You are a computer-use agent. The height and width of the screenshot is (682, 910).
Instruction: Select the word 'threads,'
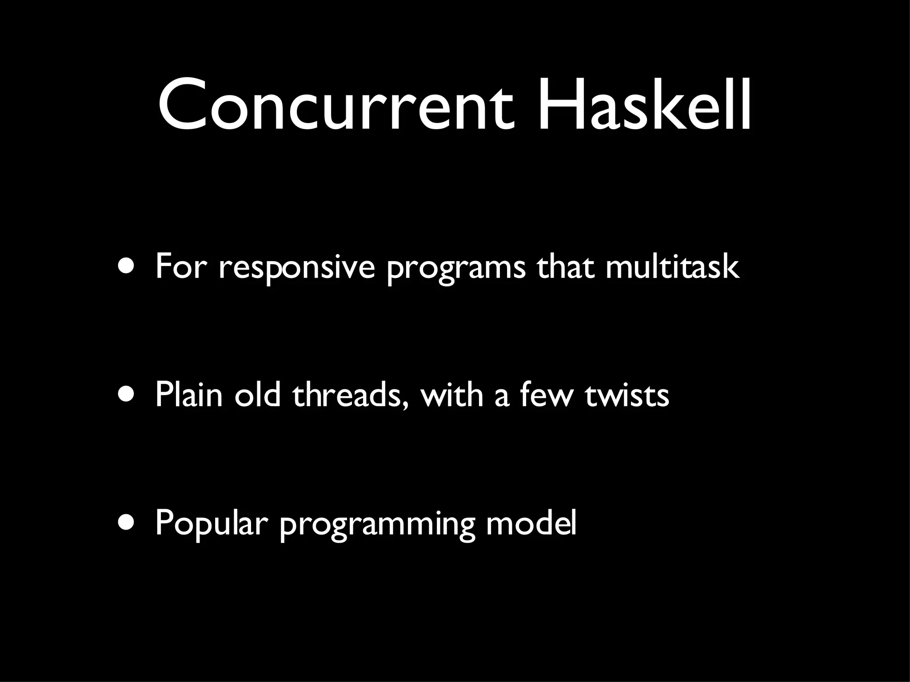(350, 395)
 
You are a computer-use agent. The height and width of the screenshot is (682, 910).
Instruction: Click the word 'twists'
(627, 395)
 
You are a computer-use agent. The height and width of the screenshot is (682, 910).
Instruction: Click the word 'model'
(531, 523)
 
